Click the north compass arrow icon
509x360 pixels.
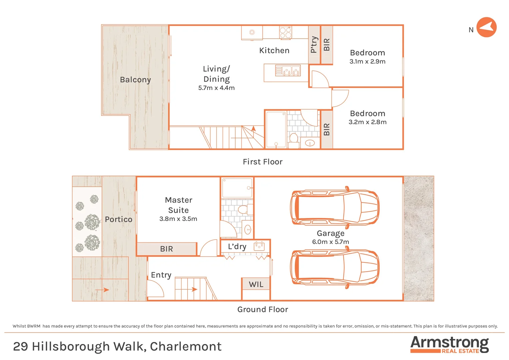[486, 27]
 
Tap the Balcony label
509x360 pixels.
[135, 80]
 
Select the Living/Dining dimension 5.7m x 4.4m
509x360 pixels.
[216, 88]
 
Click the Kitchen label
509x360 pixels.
[274, 51]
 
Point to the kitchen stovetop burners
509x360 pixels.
[285, 33]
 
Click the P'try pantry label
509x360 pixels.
[314, 45]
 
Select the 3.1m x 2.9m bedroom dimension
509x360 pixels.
[367, 62]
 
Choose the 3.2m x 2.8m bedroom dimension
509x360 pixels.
[367, 122]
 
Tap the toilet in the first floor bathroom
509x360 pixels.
[293, 140]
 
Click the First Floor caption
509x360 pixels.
[262, 162]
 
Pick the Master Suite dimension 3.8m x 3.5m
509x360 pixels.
[178, 219]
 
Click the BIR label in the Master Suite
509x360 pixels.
[167, 249]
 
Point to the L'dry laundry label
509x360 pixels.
[237, 247]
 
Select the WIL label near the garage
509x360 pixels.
[256, 285]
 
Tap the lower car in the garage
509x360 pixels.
[334, 268]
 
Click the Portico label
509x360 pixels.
[119, 219]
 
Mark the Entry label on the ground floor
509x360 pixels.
[161, 275]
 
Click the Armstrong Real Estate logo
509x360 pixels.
[449, 344]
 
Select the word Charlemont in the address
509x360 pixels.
[186, 347]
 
